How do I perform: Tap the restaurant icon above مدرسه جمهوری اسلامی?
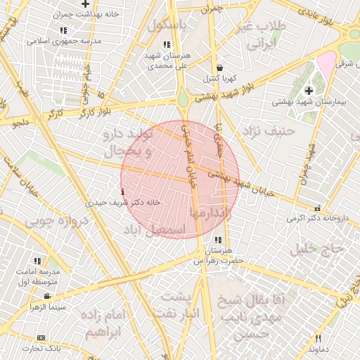point(64,31)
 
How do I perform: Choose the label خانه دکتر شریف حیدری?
point(122,202)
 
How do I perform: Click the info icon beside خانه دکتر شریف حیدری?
point(124,191)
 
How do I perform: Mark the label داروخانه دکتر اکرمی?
point(317,218)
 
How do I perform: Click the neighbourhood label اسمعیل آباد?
point(154,230)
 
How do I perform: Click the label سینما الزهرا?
point(47,307)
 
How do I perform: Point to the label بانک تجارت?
point(41,347)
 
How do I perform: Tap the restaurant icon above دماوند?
point(319,338)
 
